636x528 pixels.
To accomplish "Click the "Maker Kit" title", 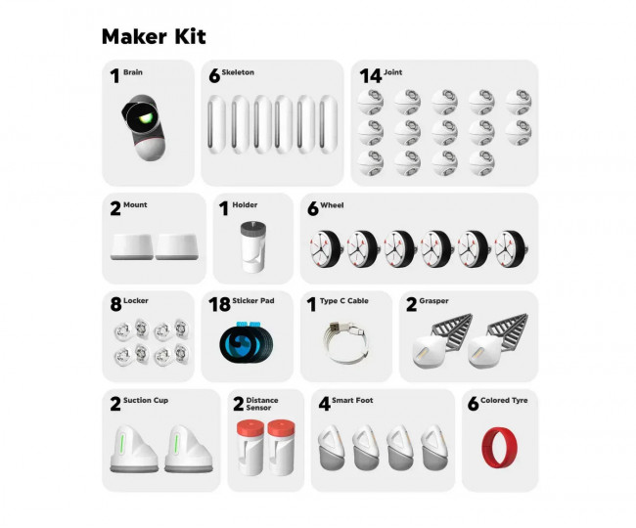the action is (x=154, y=37).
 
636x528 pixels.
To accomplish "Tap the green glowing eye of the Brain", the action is (x=146, y=118).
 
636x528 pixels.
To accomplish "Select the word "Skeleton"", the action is (x=238, y=72).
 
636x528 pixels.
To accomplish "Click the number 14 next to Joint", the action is (x=370, y=76).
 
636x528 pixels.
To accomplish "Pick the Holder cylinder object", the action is (x=253, y=246).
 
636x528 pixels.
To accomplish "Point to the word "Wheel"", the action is (x=332, y=205).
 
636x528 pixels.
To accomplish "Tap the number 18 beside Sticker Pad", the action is (x=219, y=305).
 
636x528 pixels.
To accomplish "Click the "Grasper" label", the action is (x=433, y=301).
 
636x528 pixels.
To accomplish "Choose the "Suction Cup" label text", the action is (x=146, y=400).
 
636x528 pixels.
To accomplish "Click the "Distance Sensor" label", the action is (x=262, y=404).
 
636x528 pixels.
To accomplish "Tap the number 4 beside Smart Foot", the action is (x=324, y=404).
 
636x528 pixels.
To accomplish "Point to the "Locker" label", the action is (x=136, y=301).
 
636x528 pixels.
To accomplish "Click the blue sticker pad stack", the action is (x=247, y=344).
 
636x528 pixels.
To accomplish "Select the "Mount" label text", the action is (x=135, y=205).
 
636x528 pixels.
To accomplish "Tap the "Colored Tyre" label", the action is (x=504, y=400).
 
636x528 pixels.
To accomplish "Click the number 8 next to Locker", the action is (x=115, y=305).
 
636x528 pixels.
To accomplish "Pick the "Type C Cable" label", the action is (x=344, y=301).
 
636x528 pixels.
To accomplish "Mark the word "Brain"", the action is (x=133, y=72).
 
